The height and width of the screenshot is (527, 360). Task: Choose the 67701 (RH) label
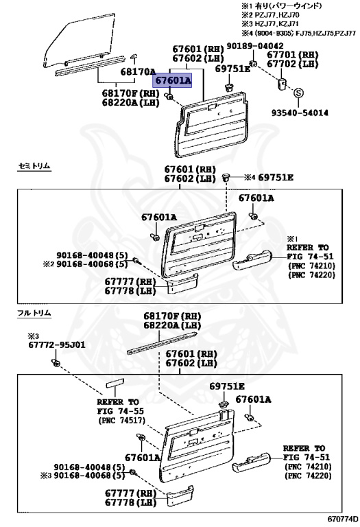tap(293, 54)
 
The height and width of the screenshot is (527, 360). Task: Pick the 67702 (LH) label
tap(293, 64)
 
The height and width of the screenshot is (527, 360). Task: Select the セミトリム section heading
tap(34, 167)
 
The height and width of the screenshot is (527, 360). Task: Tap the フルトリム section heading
tap(34, 313)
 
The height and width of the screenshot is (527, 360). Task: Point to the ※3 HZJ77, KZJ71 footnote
tap(289, 24)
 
